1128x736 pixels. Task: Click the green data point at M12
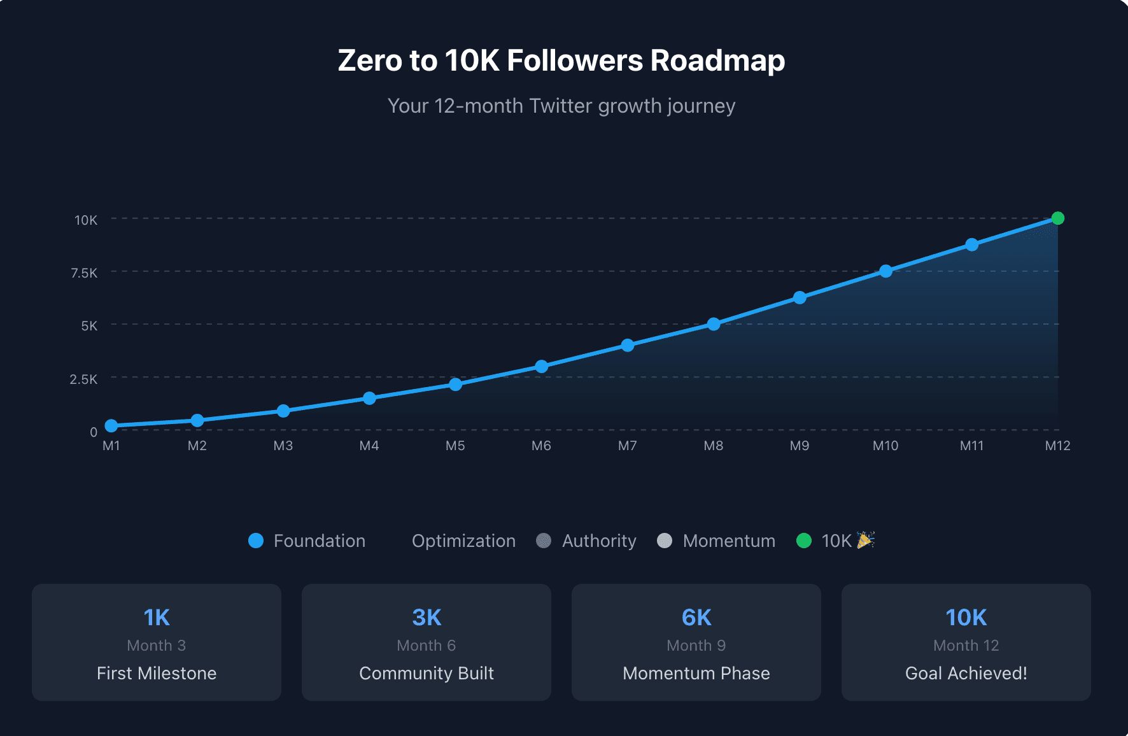[x=1057, y=218]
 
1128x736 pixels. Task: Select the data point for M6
[x=541, y=366]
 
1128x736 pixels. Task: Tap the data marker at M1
[x=111, y=425]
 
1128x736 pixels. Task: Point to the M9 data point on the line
[x=800, y=297]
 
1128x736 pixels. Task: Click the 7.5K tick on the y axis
[x=84, y=273]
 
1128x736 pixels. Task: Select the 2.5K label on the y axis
[x=83, y=379]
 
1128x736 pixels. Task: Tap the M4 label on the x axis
[x=369, y=446]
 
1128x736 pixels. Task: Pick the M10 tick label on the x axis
[x=885, y=446]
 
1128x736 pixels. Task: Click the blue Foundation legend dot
[x=256, y=541]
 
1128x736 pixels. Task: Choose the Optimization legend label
[x=463, y=541]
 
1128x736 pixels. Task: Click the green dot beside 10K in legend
[x=804, y=541]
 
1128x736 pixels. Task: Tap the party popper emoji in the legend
[x=866, y=540]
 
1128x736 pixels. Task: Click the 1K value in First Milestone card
[x=157, y=617]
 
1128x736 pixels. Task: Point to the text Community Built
[x=426, y=673]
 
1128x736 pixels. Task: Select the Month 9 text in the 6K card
[x=696, y=645]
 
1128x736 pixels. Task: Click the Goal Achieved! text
[x=966, y=673]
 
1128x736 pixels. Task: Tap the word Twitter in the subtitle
[x=560, y=106]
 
